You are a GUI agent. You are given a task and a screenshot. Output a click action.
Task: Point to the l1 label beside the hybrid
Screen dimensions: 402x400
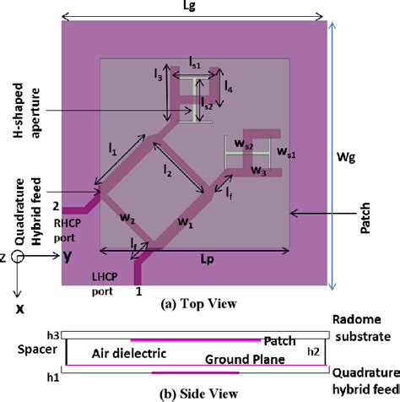coord(112,149)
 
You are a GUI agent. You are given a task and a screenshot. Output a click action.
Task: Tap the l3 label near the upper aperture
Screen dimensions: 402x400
coord(158,77)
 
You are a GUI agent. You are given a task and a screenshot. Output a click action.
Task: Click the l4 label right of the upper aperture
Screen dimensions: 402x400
coord(229,84)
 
